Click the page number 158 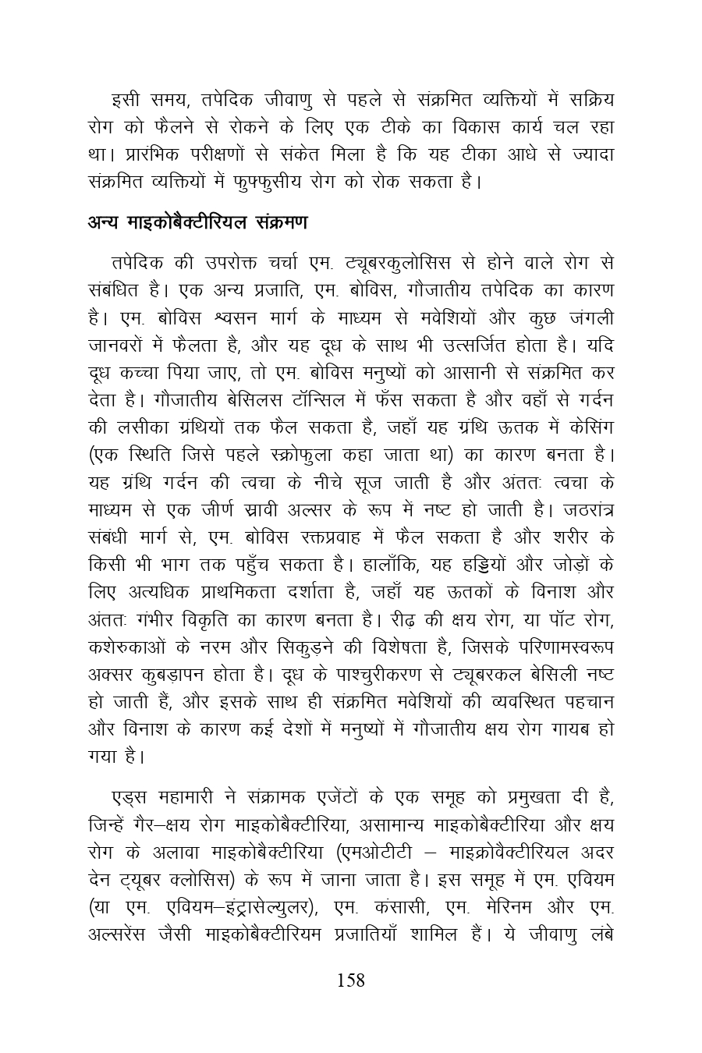[x=350, y=980]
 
